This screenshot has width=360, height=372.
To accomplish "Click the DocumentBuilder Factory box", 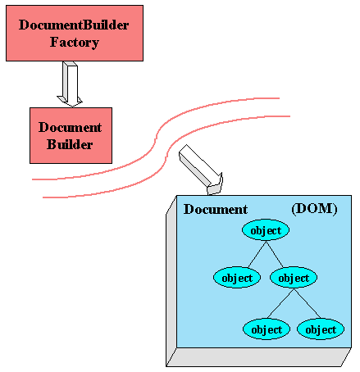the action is (x=75, y=33).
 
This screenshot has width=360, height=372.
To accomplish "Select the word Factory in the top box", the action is (x=75, y=43).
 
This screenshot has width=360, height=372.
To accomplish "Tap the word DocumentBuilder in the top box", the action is (x=74, y=25).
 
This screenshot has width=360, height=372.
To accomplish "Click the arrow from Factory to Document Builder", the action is (x=70, y=84).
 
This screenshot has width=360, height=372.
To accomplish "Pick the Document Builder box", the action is (x=71, y=135).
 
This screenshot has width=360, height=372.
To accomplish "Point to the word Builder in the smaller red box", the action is (x=70, y=144).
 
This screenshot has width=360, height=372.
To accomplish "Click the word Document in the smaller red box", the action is (x=70, y=127).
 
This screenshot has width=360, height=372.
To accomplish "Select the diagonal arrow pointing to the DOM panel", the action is (x=201, y=170).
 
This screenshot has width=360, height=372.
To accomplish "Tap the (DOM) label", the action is (x=314, y=209).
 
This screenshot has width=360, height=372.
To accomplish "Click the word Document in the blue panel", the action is (x=216, y=210).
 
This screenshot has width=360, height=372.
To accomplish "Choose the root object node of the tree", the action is (x=266, y=230).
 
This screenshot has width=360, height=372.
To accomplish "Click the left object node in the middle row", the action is (x=237, y=278).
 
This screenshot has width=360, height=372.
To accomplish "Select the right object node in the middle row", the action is (x=294, y=278).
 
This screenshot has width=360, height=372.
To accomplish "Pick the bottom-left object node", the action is (x=267, y=329).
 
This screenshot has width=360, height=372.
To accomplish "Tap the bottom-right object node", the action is (x=321, y=329).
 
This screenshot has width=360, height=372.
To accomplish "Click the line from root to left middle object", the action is (x=257, y=254).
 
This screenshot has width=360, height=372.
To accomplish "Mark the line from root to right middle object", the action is (x=275, y=254).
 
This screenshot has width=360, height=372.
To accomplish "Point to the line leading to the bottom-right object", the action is (x=308, y=303).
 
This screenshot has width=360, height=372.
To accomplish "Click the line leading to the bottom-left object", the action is (x=280, y=303).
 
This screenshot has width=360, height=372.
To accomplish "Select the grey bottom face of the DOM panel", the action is (x=259, y=357).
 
